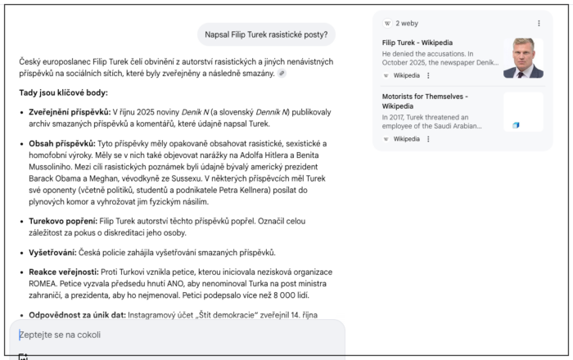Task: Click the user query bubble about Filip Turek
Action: (266, 34)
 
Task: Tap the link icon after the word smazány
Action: (282, 73)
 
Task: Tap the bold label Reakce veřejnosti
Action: (63, 271)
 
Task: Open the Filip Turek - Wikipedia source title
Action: (417, 43)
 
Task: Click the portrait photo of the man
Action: (522, 58)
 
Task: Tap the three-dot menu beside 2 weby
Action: (539, 24)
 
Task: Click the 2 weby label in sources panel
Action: (407, 24)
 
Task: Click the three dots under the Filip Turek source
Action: (428, 75)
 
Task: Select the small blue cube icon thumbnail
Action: (516, 125)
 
